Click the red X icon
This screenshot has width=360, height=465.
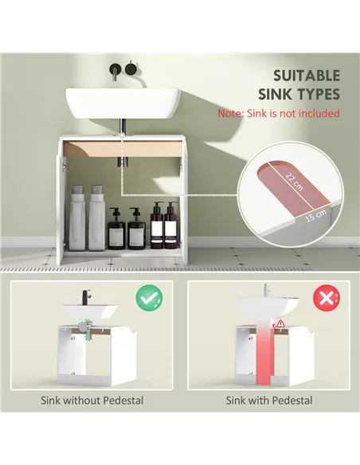325,299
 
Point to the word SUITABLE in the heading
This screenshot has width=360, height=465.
307,76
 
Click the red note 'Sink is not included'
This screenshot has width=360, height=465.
279,114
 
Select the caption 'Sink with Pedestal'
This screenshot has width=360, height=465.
269,401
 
